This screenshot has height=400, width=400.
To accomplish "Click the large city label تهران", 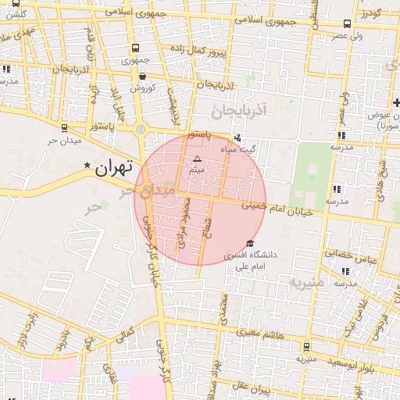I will pos(114,166).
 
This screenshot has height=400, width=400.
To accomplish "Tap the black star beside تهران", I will pos(87,165).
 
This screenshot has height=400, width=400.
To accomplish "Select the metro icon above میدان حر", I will pos(64,127).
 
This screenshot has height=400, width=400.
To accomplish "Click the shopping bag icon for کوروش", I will pos(141,77).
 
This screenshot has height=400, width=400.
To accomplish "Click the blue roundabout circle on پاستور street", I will pos(141,129).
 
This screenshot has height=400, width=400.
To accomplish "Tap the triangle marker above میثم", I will pos(197,159).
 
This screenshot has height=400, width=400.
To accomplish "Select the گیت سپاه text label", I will pos(239,148).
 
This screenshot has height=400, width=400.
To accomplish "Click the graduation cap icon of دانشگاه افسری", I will pos(249,244).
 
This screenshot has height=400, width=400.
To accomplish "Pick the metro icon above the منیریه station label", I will pos(305,346).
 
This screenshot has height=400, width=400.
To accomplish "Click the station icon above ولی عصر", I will pos(347,24).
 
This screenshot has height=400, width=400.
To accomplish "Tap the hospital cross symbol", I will pos(396,103).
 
